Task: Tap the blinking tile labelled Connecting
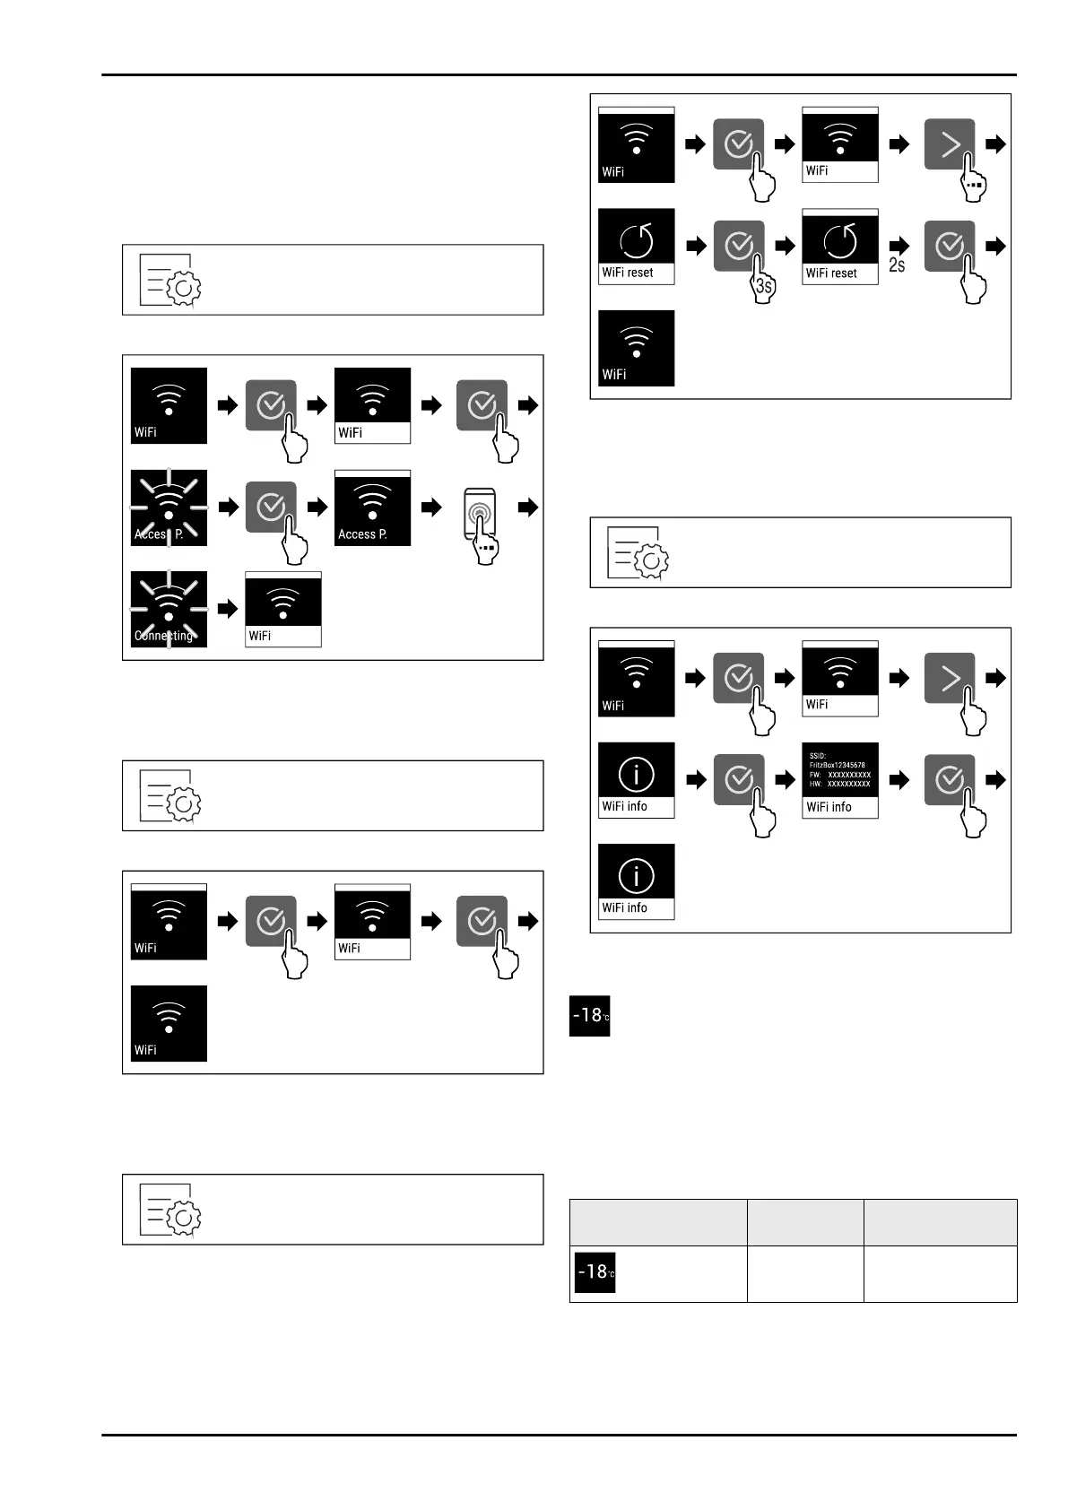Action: [169, 610]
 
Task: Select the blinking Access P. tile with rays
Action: [169, 508]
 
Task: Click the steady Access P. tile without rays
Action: [372, 508]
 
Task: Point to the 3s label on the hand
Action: [763, 287]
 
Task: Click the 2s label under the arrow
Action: [897, 265]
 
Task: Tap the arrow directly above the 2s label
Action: [899, 246]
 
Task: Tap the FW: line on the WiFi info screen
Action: [839, 775]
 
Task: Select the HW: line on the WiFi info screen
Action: [839, 785]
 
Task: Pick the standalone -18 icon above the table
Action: [590, 1016]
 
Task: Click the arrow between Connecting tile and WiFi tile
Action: [229, 610]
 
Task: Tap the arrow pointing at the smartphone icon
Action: [432, 508]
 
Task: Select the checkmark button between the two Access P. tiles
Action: [271, 508]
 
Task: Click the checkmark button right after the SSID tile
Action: [950, 780]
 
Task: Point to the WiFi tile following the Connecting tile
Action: [283, 610]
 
